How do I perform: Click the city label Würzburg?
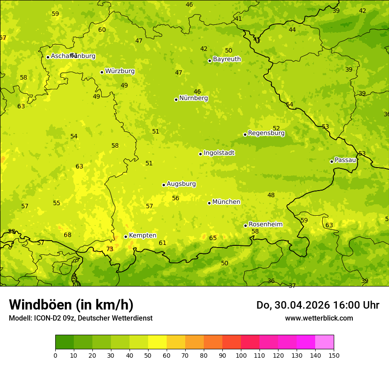click(x=120, y=71)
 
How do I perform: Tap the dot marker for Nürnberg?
click(x=176, y=99)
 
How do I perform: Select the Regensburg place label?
click(x=266, y=133)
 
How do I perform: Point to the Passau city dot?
click(x=332, y=161)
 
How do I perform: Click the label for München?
click(x=226, y=202)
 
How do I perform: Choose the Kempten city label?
click(x=142, y=236)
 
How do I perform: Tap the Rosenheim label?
click(x=265, y=225)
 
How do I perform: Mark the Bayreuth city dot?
click(x=210, y=61)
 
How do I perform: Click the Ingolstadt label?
click(x=219, y=153)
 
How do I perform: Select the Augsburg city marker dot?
click(x=164, y=185)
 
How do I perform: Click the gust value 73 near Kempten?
click(x=110, y=249)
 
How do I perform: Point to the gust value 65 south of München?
click(x=213, y=238)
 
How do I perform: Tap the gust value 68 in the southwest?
click(x=67, y=235)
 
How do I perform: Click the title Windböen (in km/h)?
click(x=71, y=305)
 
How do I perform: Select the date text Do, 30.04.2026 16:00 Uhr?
click(x=317, y=305)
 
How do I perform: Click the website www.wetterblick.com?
click(x=319, y=318)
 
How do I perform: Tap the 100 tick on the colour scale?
click(x=241, y=355)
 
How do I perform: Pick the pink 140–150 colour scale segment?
click(x=324, y=342)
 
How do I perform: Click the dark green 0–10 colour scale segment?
click(x=65, y=342)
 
